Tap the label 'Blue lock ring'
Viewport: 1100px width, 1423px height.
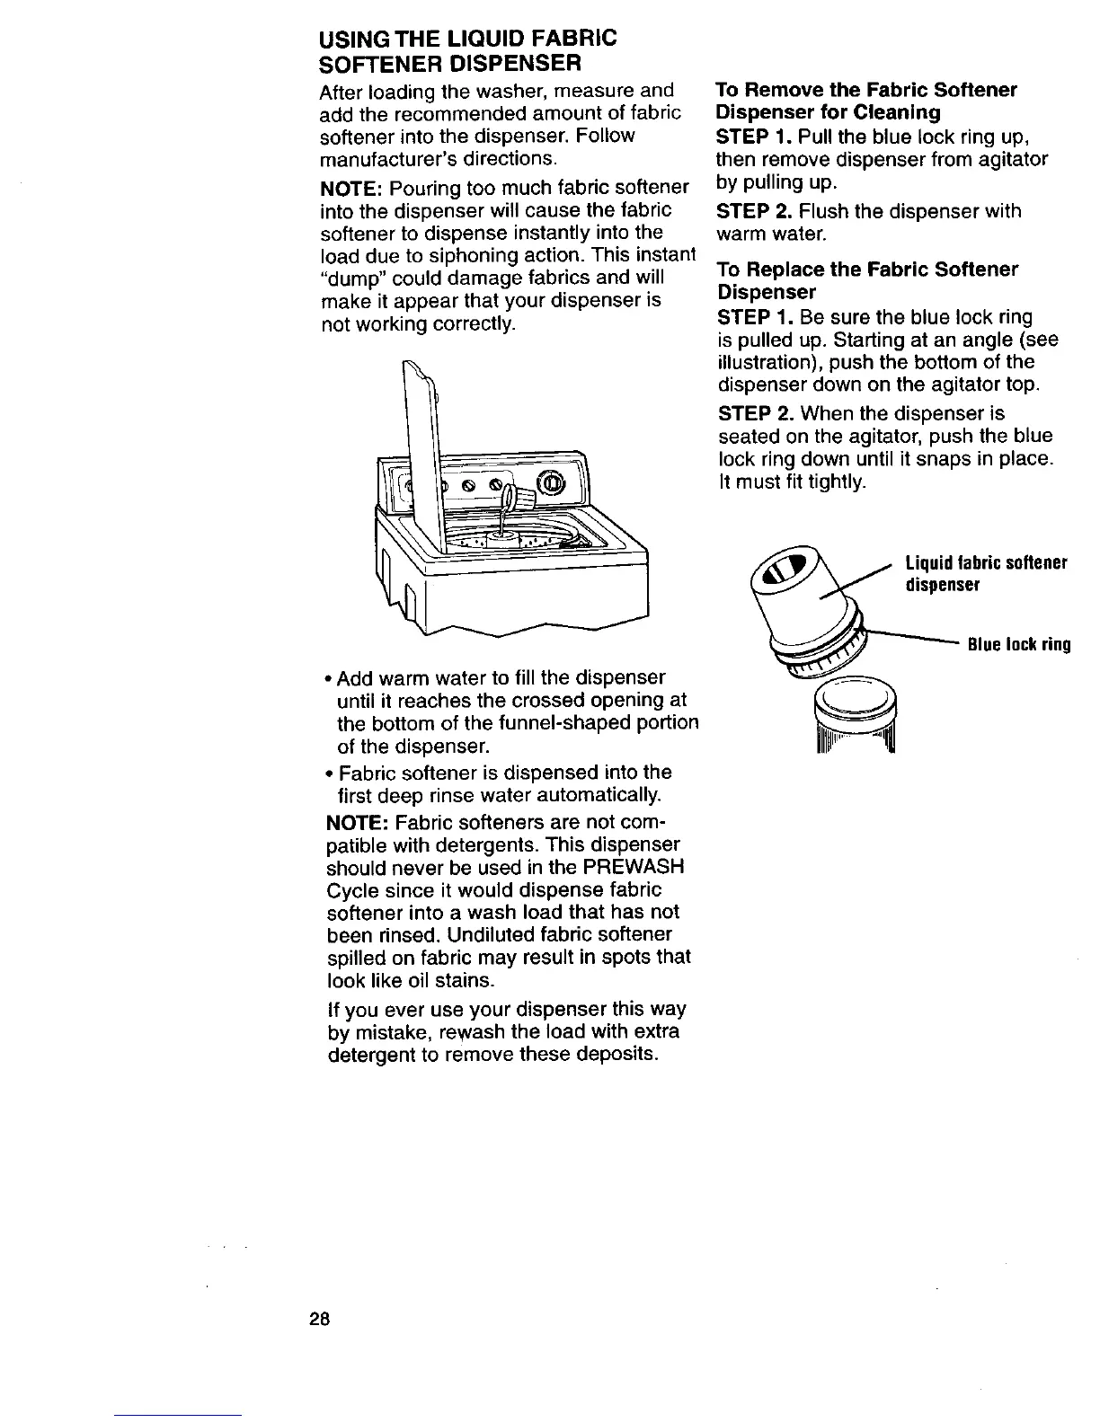point(1017,644)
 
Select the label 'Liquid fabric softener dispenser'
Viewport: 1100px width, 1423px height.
point(985,573)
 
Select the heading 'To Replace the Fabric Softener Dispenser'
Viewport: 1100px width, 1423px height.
point(866,280)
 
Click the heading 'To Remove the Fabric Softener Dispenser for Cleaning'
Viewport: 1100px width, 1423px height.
point(865,101)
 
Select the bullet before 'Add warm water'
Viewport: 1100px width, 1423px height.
point(325,677)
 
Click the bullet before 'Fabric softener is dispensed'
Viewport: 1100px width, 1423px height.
point(325,773)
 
